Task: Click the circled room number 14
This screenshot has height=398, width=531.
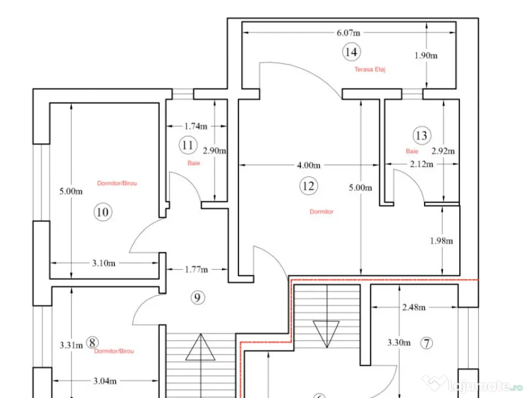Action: click(351, 52)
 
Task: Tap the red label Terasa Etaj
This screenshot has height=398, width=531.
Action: click(370, 69)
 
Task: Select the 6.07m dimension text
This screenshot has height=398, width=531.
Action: click(348, 33)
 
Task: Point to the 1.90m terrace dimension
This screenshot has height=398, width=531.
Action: click(426, 55)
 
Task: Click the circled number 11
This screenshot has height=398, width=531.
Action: click(188, 145)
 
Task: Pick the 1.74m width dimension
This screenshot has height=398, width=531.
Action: click(195, 126)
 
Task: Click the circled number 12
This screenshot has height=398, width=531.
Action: click(309, 186)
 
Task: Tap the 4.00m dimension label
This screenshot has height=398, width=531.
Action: click(309, 165)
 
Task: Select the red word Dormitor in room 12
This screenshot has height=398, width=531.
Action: click(322, 211)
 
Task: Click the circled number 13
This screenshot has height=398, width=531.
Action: click(422, 135)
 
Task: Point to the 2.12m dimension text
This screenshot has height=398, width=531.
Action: click(422, 164)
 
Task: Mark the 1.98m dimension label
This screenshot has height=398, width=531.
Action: click(441, 241)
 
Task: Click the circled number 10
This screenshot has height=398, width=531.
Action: click(103, 212)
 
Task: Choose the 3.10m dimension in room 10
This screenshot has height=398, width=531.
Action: click(104, 263)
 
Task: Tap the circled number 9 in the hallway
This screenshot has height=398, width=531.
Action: click(198, 298)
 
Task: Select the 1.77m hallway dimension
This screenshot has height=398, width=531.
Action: click(197, 269)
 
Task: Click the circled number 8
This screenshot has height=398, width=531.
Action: click(92, 343)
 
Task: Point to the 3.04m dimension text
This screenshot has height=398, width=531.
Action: click(105, 381)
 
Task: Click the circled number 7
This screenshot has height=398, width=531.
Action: click(427, 343)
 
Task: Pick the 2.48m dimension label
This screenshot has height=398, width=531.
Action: click(414, 307)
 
